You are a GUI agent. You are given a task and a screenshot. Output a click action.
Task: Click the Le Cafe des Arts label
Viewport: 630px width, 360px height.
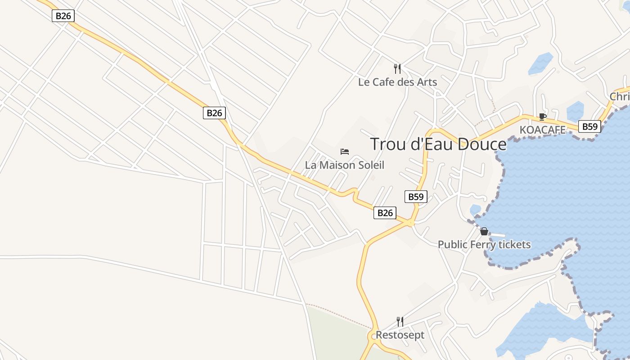pyautogui.click(x=397, y=82)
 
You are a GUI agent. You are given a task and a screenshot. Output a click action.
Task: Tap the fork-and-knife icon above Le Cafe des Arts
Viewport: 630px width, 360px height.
pyautogui.click(x=397, y=68)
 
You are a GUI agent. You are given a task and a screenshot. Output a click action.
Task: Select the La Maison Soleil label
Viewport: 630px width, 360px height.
pyautogui.click(x=345, y=165)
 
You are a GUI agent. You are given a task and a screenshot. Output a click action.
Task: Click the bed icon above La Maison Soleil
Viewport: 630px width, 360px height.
pyautogui.click(x=345, y=151)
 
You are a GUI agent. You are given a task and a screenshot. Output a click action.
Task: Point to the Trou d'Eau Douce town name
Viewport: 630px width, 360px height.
pyautogui.click(x=438, y=144)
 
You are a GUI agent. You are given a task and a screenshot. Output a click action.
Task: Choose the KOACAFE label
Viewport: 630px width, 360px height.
pyautogui.click(x=542, y=130)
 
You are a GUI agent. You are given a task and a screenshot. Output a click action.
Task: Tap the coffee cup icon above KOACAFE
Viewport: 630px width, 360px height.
pyautogui.click(x=543, y=117)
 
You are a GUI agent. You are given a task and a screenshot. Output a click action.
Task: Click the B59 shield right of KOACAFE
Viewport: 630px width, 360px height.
pyautogui.click(x=589, y=126)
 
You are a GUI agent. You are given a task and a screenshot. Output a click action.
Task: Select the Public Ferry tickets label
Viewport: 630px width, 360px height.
pyautogui.click(x=484, y=245)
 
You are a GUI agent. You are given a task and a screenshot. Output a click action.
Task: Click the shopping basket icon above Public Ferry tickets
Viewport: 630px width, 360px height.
pyautogui.click(x=484, y=231)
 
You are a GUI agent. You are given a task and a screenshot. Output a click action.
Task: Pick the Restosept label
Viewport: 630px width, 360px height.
pyautogui.click(x=400, y=335)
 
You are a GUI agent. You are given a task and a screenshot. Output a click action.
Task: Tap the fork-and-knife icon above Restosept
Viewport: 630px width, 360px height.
pyautogui.click(x=400, y=321)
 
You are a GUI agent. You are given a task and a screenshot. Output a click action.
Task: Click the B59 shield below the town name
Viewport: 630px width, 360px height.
pyautogui.click(x=416, y=197)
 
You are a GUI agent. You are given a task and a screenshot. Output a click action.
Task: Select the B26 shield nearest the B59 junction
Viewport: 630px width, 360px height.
pyautogui.click(x=385, y=213)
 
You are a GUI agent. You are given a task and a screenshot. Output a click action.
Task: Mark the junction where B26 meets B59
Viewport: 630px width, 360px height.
pyautogui.click(x=410, y=223)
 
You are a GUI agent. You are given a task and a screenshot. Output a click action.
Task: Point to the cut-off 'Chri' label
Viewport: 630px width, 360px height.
pyautogui.click(x=620, y=97)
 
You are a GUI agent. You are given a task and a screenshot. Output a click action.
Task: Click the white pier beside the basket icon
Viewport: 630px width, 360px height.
pyautogui.click(x=497, y=235)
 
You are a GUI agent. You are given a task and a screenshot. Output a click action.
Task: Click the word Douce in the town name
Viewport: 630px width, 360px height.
pyautogui.click(x=482, y=144)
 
